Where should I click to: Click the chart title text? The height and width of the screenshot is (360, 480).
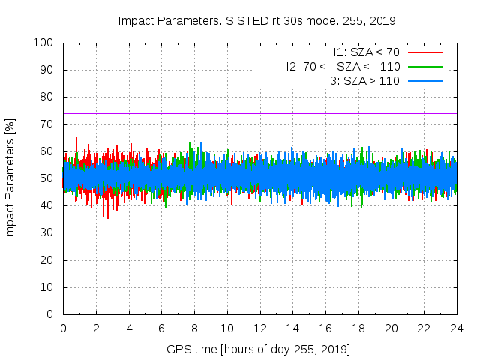259,20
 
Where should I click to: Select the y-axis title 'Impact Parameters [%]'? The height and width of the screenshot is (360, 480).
10,178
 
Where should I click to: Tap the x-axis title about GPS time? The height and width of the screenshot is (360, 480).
259,349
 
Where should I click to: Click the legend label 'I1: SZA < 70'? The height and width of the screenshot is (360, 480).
366,52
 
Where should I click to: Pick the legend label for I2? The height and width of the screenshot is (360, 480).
343,66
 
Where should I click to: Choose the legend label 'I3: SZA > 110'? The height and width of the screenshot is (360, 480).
363,80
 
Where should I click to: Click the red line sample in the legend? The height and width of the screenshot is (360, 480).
424,52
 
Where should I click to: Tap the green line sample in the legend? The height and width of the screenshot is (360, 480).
424,66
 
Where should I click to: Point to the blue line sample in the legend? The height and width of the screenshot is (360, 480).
424,80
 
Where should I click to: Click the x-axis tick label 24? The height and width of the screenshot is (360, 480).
457,328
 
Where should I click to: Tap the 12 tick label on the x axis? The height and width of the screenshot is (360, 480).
259,328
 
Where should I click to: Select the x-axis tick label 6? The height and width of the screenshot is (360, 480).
161,328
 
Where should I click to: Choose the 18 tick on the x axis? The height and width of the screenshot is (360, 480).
358,328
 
